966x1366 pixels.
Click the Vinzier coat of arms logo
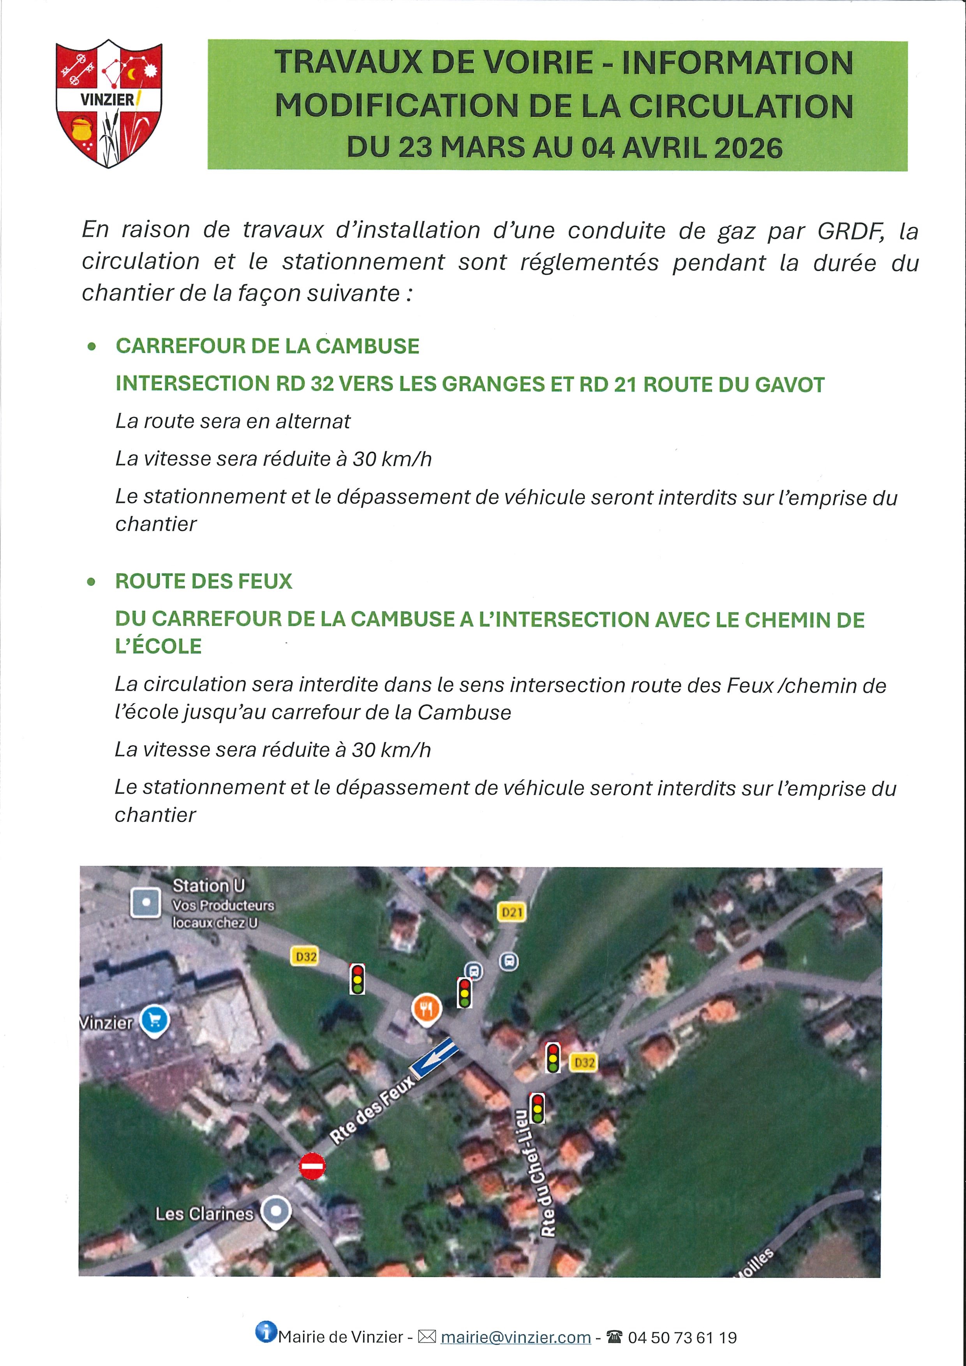point(109,103)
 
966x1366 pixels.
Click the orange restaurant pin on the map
point(426,1009)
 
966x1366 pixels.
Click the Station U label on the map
point(208,886)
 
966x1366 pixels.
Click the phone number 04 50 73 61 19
point(682,1338)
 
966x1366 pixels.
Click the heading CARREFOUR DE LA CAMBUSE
point(267,346)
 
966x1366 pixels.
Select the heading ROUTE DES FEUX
point(204,581)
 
